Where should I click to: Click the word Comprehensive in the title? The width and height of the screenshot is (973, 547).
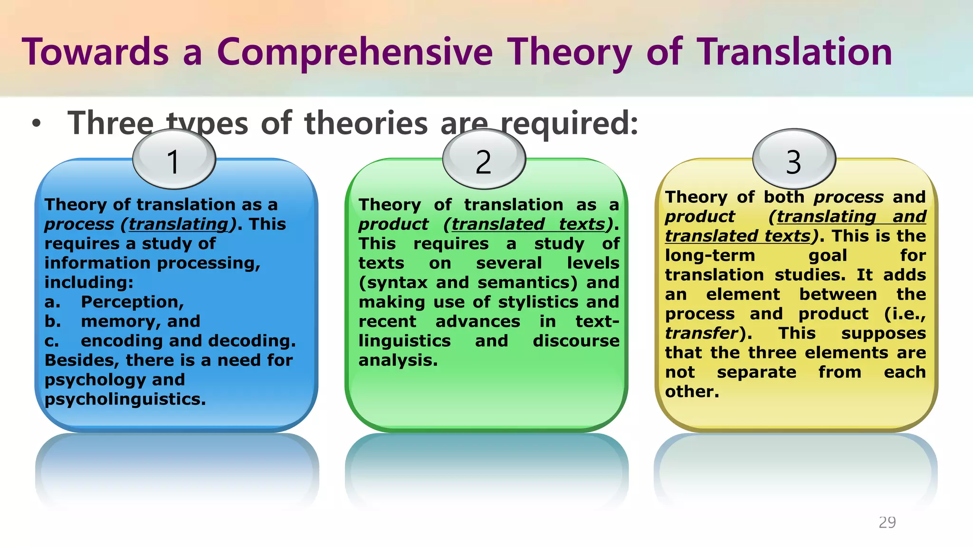(x=354, y=52)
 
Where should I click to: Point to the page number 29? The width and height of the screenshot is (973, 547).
(x=887, y=522)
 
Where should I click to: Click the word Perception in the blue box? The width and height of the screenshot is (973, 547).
(x=132, y=302)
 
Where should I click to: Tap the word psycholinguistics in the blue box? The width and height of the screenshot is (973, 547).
(x=124, y=399)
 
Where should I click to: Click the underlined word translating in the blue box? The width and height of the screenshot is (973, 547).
(x=178, y=224)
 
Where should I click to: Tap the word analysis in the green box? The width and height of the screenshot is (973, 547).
(x=397, y=360)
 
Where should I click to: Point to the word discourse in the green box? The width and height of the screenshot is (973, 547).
(x=575, y=341)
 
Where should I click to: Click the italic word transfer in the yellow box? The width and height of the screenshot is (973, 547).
(x=701, y=333)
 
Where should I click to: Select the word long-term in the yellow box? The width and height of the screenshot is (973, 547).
(x=709, y=255)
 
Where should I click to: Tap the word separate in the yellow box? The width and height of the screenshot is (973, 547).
(x=756, y=372)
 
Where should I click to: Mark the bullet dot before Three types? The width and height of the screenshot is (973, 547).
(x=37, y=124)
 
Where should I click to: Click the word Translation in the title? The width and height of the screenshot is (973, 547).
(x=794, y=52)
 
